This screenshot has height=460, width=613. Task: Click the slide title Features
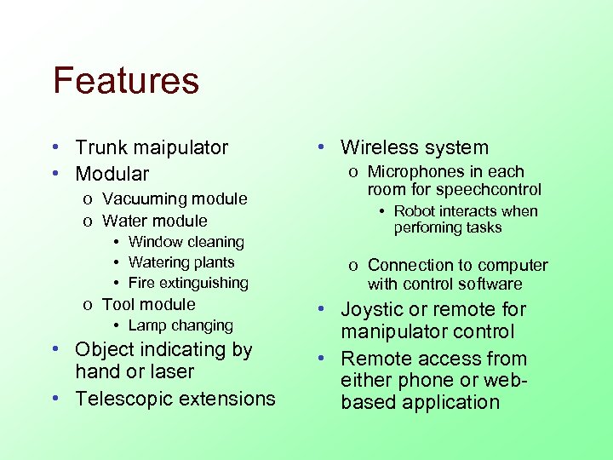coord(126,81)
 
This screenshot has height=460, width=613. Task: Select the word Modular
coord(112,175)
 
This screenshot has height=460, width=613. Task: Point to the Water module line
coord(154,221)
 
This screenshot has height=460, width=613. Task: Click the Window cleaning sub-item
coord(186,243)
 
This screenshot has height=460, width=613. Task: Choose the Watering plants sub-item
coord(181,263)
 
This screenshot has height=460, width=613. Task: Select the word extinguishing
coord(202,284)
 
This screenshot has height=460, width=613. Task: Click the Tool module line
coord(148,305)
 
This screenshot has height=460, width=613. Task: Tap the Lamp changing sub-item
coord(180,326)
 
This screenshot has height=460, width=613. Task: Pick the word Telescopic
coord(123,400)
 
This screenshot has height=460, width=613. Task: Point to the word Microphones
coord(412,172)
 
